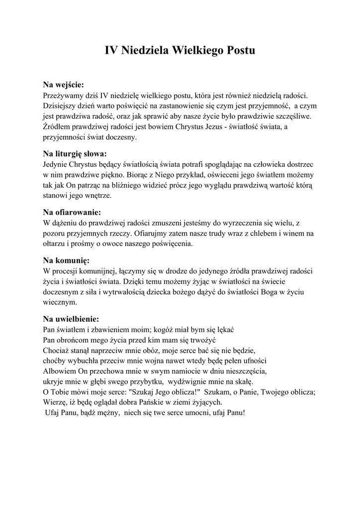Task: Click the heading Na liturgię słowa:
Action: (x=75, y=153)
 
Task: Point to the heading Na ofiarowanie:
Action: (x=72, y=212)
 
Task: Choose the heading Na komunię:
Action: (x=66, y=260)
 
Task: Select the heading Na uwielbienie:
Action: (x=71, y=319)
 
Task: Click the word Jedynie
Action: (x=55, y=164)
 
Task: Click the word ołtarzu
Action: (x=56, y=244)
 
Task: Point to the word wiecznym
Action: (x=60, y=302)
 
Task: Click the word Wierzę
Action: (x=55, y=402)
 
